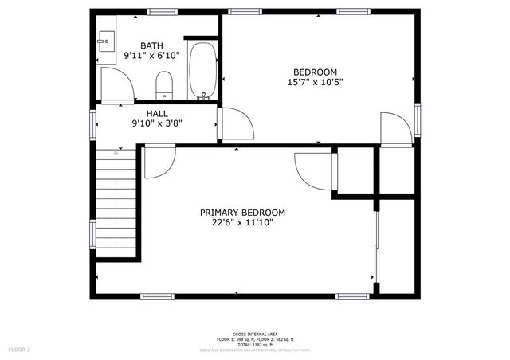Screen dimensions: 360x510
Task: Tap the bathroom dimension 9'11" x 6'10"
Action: [151, 56]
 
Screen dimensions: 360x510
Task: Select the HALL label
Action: [156, 113]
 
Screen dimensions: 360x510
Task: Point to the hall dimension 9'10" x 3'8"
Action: [156, 123]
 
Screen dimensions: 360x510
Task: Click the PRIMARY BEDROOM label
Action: [242, 213]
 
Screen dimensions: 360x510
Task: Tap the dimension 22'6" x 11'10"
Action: [242, 224]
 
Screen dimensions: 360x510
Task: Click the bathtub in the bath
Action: [202, 70]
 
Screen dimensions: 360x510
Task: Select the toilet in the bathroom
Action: [164, 84]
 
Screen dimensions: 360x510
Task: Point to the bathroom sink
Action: [107, 41]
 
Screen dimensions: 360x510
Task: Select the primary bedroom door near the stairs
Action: [159, 163]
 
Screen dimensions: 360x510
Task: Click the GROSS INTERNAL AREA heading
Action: [254, 334]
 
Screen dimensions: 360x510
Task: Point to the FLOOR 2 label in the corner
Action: [19, 350]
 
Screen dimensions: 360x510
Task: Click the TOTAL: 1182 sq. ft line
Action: [254, 344]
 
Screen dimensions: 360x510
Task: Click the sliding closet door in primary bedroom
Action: [376, 247]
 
